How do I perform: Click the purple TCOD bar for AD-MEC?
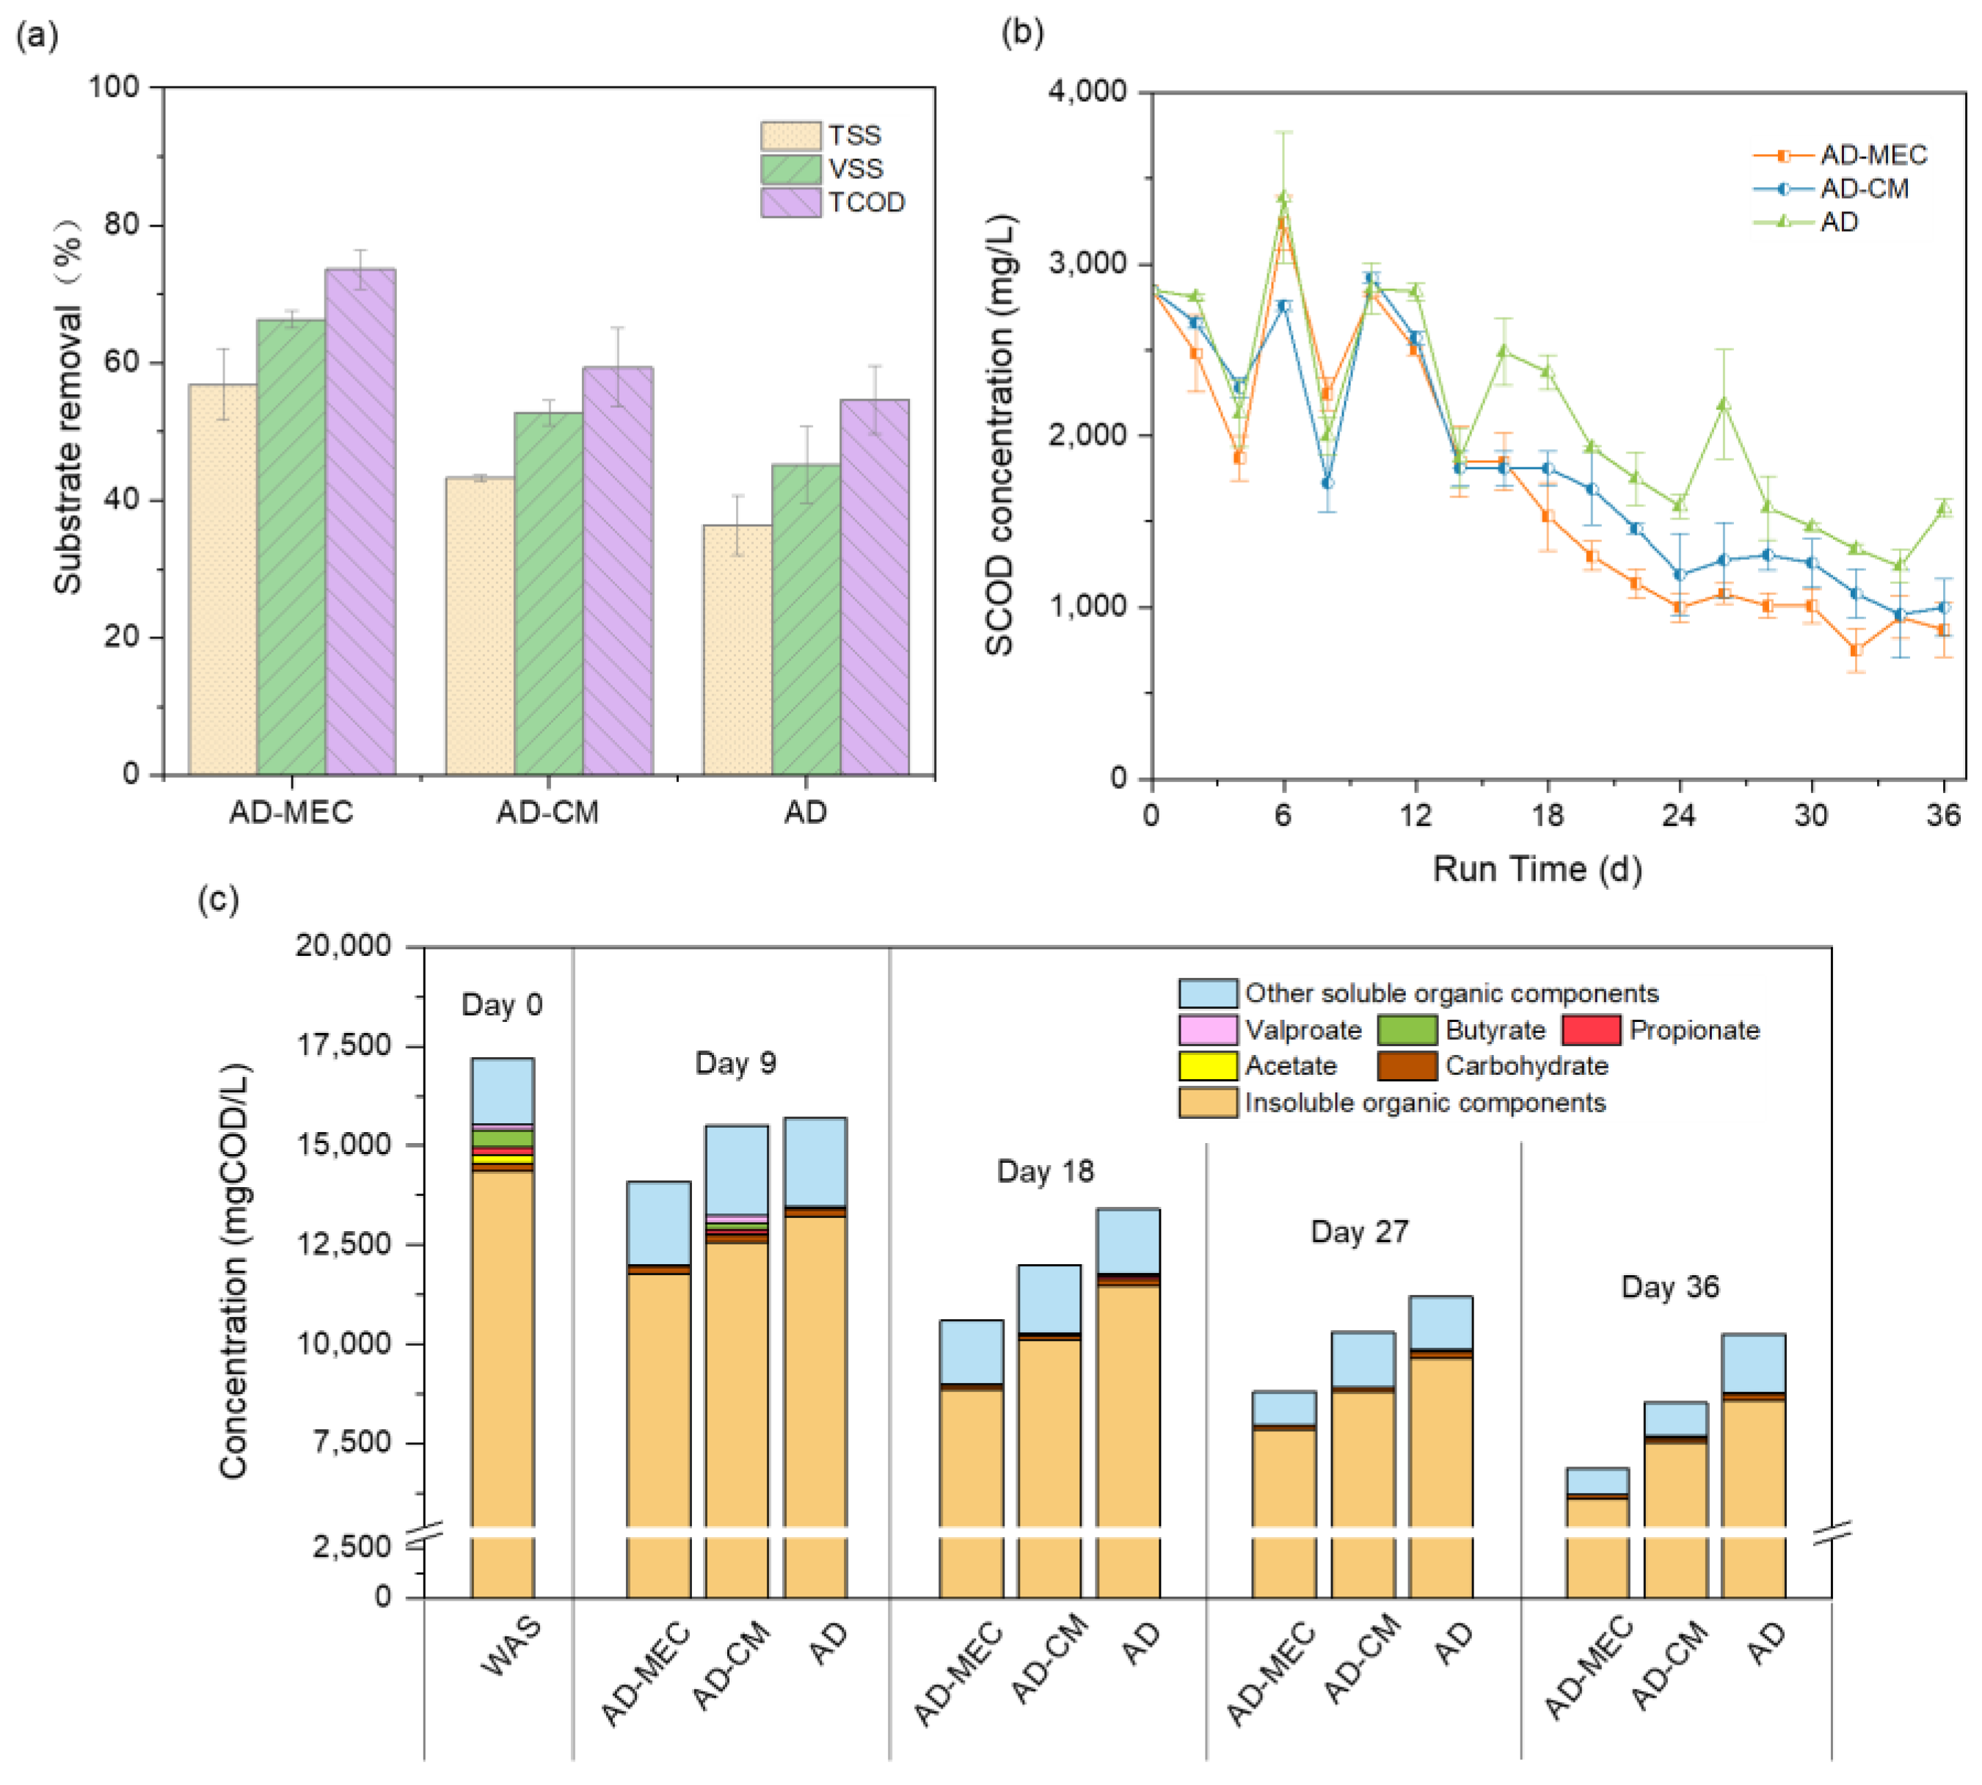[360, 520]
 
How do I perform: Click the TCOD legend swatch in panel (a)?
[790, 202]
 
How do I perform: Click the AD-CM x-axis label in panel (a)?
[547, 812]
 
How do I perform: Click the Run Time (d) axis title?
[1537, 869]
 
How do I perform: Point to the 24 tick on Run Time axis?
[1679, 815]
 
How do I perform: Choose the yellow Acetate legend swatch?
[1207, 1066]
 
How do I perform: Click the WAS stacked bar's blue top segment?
[502, 1091]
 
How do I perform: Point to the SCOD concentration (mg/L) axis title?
[1000, 434]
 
